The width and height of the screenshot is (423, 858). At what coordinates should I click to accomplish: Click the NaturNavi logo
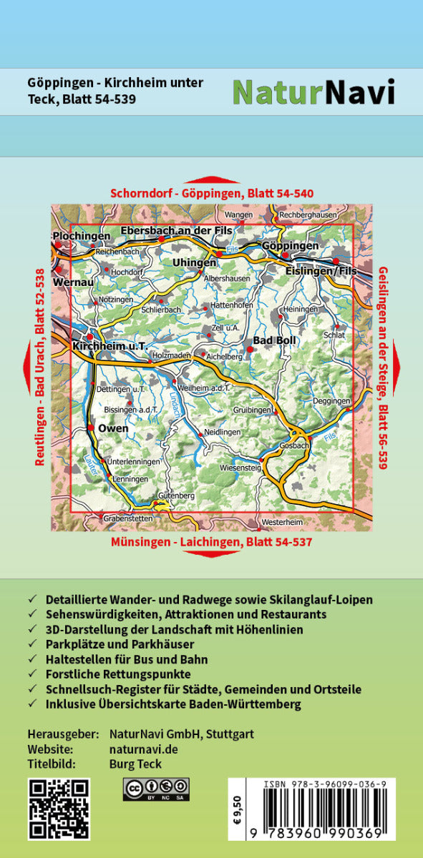(x=313, y=92)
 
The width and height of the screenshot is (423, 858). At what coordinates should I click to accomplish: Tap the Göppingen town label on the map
(x=290, y=245)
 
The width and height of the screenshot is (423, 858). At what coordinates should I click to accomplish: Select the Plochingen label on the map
(x=82, y=236)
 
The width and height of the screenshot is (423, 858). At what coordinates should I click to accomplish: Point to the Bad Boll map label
(x=275, y=340)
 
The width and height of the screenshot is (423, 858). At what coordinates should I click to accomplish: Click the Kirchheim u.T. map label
(x=110, y=346)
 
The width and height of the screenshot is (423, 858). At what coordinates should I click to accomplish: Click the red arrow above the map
(x=212, y=180)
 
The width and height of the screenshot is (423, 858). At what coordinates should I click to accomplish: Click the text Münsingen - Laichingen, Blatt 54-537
(x=211, y=542)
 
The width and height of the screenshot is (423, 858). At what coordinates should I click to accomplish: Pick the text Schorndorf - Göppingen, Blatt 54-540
(x=212, y=194)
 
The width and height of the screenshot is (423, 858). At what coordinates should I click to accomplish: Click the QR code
(x=59, y=809)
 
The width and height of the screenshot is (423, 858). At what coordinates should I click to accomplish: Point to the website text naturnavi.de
(x=143, y=749)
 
